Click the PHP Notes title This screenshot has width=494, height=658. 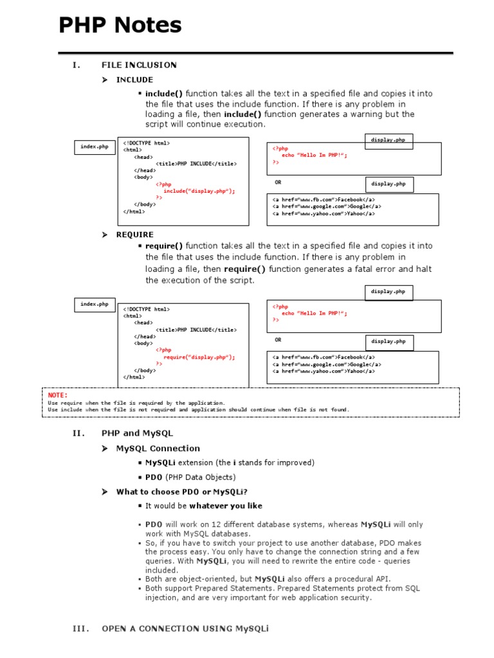point(120,26)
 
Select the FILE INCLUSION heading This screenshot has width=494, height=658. point(139,65)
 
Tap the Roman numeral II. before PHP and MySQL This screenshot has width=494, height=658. point(78,433)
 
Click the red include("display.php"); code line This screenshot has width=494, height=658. point(199,191)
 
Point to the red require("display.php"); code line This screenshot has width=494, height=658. point(199,357)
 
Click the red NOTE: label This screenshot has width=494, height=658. point(57,395)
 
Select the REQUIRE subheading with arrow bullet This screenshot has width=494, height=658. point(134,235)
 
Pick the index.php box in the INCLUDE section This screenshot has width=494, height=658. point(94,147)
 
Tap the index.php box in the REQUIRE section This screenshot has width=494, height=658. point(94,304)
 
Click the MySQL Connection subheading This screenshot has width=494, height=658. point(158,449)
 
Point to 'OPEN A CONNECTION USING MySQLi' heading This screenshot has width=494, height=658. point(185,628)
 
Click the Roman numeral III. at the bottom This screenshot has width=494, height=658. point(80,628)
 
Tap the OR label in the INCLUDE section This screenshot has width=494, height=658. point(278,182)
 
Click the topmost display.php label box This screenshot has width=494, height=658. point(388,140)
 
